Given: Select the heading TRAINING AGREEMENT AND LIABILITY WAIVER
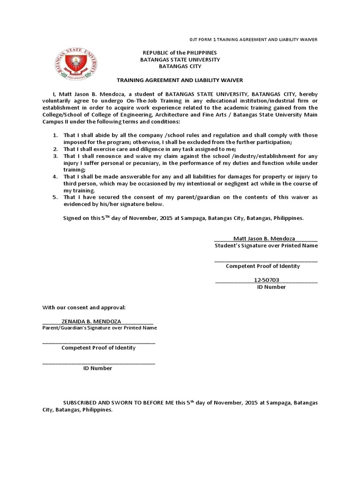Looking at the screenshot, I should pos(180,81).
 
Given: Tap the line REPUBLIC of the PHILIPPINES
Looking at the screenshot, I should pos(180,53).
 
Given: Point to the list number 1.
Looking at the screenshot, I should pos(55,135).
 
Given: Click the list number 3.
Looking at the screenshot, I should pos(55,156).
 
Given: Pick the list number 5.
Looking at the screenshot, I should pos(55,197).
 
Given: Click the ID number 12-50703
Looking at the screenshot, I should pos(266,280).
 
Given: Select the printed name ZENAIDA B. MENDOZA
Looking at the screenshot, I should pos(91,321).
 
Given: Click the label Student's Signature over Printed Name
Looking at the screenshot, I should pos(266,246).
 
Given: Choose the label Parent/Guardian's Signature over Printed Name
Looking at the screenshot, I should pos(99,328).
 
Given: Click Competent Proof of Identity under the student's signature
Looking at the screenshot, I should pos(263,266).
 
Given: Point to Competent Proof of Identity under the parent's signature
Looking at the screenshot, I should pos(98,348).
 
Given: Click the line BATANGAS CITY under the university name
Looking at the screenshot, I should pos(180,67).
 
